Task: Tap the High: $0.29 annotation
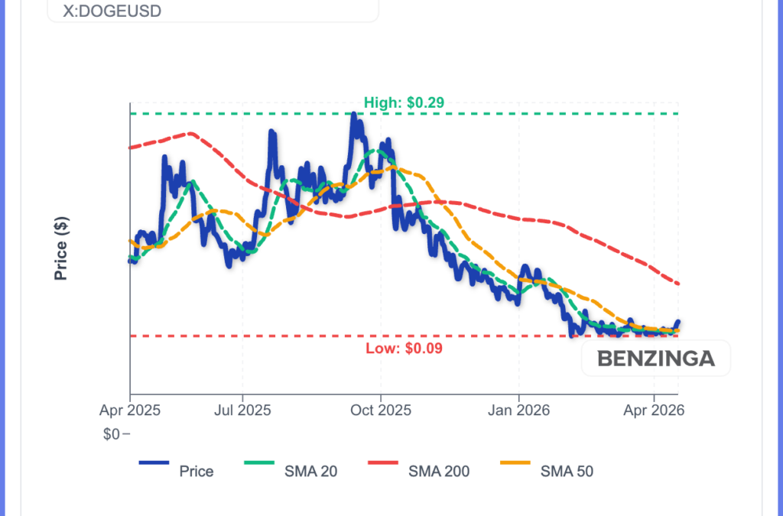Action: [x=404, y=102]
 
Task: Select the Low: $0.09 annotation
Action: [x=404, y=349]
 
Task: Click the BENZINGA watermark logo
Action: [x=655, y=358]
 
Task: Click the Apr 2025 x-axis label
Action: [x=130, y=411]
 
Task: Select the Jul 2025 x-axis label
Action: [x=242, y=411]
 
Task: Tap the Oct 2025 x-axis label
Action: [x=381, y=411]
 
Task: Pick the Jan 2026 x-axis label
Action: [x=518, y=411]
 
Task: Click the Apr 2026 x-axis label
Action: [x=654, y=411]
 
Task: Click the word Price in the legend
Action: [x=197, y=471]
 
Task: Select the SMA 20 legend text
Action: [x=311, y=471]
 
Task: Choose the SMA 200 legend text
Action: [x=439, y=471]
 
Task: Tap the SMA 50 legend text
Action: [x=567, y=471]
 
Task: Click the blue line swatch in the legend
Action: [x=154, y=462]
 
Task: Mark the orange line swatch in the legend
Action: [x=515, y=462]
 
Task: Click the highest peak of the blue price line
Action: [x=353, y=114]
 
